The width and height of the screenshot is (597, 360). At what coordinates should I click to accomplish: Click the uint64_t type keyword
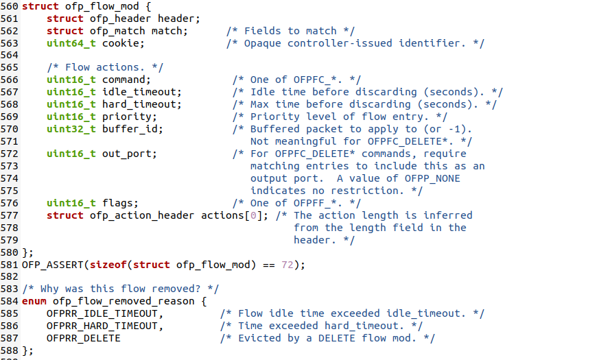(71, 43)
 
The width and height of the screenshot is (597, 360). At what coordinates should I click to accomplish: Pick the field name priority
(127, 117)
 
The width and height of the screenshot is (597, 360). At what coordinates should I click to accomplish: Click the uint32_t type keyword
(71, 130)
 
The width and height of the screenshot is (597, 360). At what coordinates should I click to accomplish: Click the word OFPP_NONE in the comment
(436, 179)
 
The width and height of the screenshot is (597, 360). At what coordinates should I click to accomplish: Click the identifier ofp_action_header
(142, 216)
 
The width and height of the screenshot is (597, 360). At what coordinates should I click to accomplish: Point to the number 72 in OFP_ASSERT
(288, 265)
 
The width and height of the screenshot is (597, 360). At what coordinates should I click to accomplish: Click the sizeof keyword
(111, 265)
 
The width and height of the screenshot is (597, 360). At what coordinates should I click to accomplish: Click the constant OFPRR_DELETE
(84, 339)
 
